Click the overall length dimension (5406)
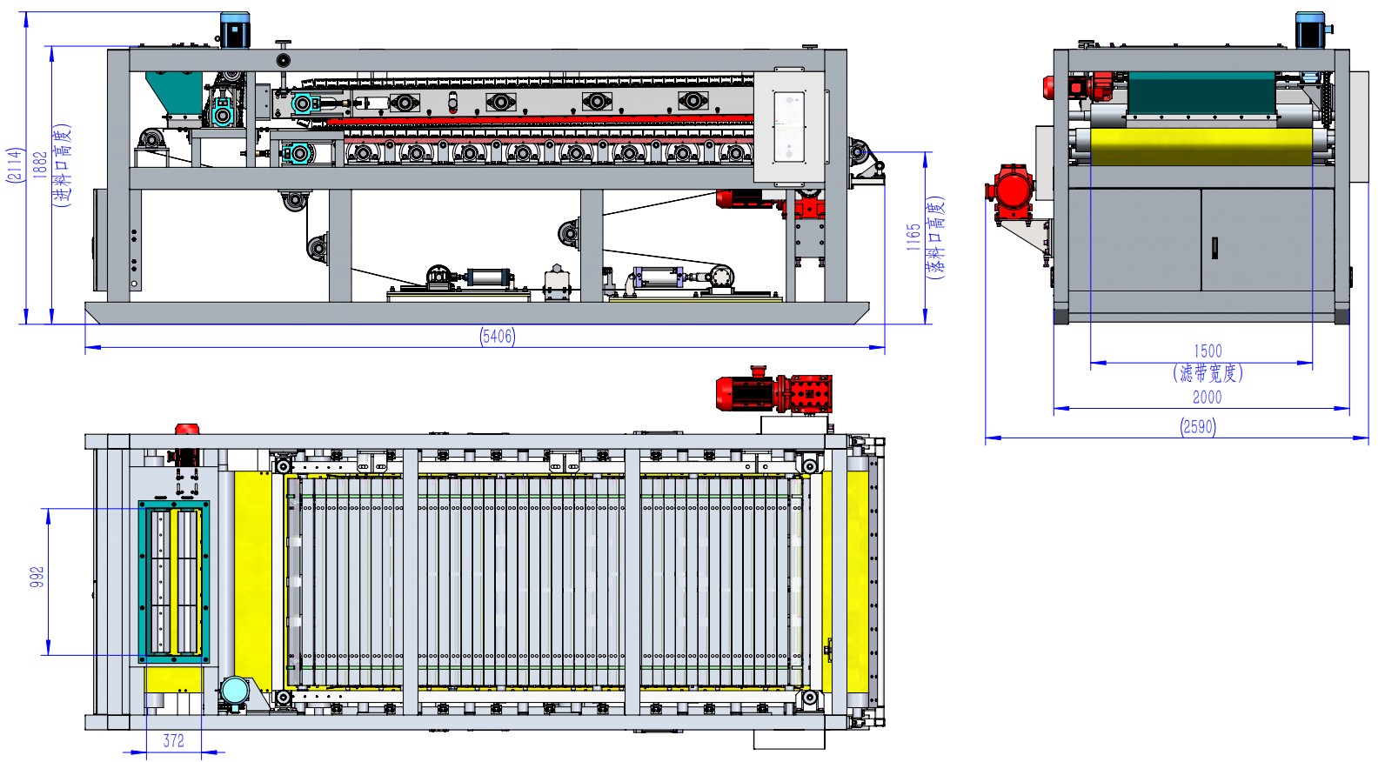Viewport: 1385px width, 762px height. [x=497, y=337]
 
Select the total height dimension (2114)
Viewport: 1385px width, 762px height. [x=15, y=164]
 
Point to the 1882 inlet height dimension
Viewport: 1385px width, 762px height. [x=40, y=164]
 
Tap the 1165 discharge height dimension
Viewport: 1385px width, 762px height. [x=913, y=237]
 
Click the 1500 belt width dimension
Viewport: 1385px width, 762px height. [x=1207, y=351]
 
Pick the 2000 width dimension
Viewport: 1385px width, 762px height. [x=1207, y=398]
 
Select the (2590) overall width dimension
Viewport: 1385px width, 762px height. [x=1198, y=427]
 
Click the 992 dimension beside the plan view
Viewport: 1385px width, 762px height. [x=37, y=578]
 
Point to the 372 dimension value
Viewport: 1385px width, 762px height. [x=174, y=741]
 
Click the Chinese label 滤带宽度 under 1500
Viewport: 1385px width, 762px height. [x=1208, y=373]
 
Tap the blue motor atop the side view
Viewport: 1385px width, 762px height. [x=234, y=30]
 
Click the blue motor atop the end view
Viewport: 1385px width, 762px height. [x=1310, y=30]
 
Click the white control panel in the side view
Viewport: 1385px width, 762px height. [x=789, y=127]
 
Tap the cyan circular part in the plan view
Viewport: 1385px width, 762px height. [x=235, y=691]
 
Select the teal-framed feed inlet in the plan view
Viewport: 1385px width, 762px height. [x=174, y=581]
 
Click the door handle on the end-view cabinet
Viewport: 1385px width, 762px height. [x=1214, y=248]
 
